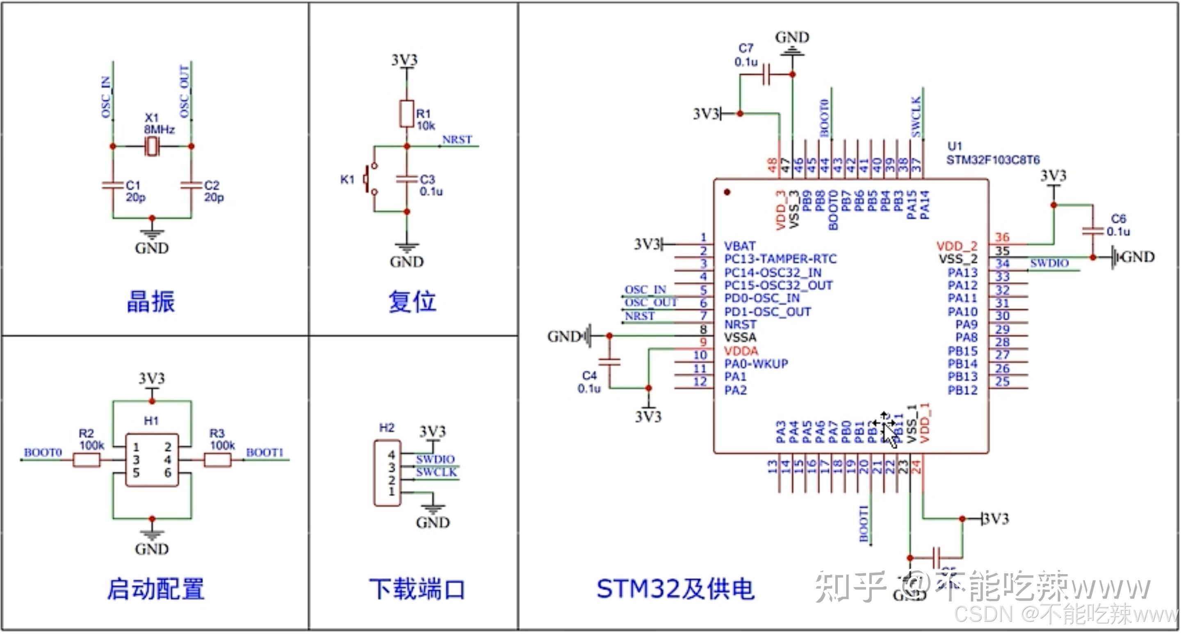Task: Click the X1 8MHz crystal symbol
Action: (x=152, y=146)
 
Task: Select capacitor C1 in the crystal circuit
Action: (x=113, y=185)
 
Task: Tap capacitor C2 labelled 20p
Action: (x=191, y=185)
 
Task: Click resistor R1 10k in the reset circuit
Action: (x=407, y=114)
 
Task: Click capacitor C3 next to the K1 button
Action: (x=407, y=179)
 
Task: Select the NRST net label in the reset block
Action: (x=457, y=139)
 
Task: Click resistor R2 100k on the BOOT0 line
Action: (x=87, y=460)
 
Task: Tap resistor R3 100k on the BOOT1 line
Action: (x=217, y=460)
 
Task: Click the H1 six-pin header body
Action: (x=152, y=460)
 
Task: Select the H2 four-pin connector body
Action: (x=388, y=474)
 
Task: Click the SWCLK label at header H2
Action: (x=436, y=472)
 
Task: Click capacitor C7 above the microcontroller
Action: (x=766, y=74)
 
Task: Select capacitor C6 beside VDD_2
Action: (x=1093, y=231)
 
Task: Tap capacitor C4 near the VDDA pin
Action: (x=609, y=362)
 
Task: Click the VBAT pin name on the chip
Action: (x=739, y=246)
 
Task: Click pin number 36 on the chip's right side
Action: (x=1002, y=237)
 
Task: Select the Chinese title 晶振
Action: (x=151, y=302)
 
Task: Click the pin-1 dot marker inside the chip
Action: (x=727, y=192)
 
